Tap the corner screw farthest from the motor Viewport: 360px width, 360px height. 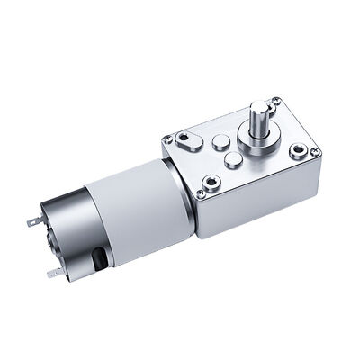(315, 151)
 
